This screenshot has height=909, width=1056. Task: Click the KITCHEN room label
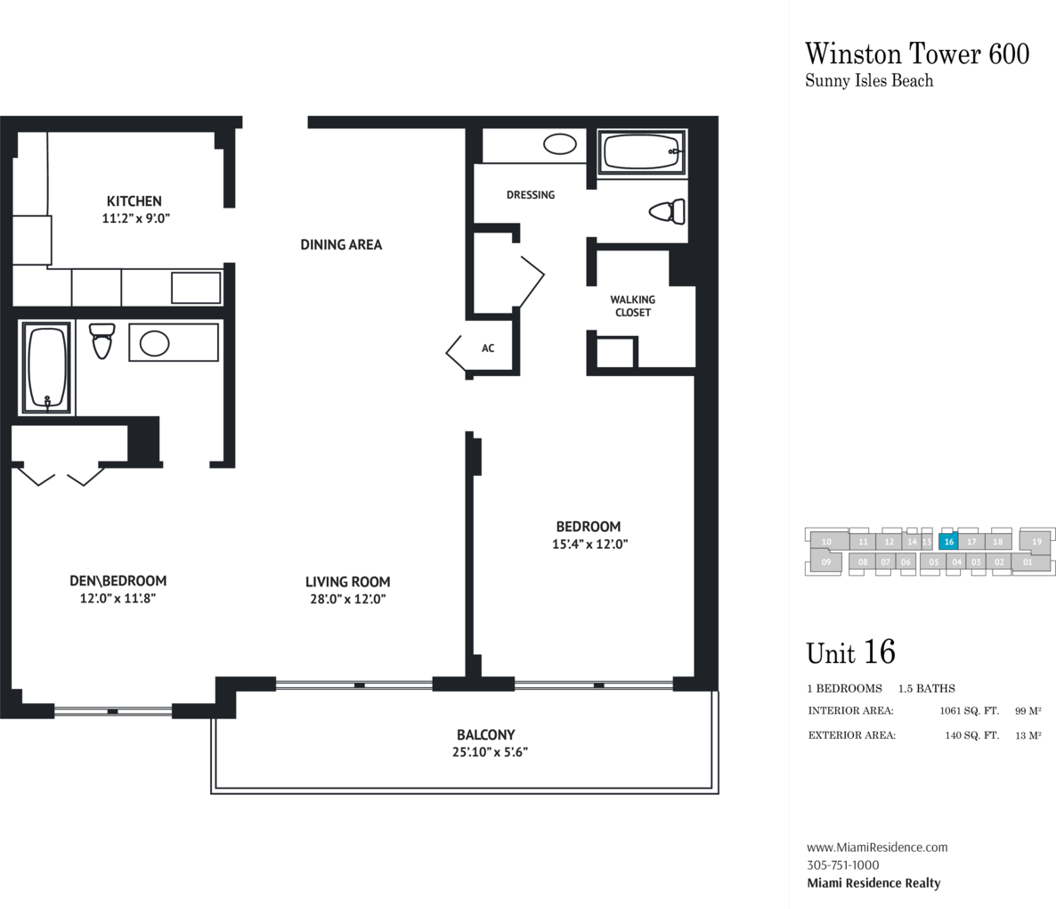click(x=134, y=201)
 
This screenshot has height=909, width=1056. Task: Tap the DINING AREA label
click(x=341, y=244)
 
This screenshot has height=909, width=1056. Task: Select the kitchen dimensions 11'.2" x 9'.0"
click(x=136, y=218)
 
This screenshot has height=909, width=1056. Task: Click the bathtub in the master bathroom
click(x=643, y=151)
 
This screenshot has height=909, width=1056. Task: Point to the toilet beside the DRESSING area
click(x=668, y=211)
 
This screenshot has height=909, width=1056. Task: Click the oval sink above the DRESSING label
click(x=560, y=143)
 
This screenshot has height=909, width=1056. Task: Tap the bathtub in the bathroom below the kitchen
click(x=46, y=368)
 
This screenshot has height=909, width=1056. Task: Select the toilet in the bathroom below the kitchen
click(x=102, y=341)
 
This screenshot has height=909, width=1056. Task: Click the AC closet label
click(x=488, y=348)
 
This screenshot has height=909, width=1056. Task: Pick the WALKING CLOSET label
click(x=632, y=306)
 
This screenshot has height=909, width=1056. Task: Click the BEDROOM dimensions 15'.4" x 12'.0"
click(x=590, y=545)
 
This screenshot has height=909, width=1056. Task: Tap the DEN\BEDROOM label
click(x=118, y=581)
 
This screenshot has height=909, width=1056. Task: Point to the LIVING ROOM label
click(x=347, y=582)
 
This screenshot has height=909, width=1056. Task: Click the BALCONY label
click(x=485, y=734)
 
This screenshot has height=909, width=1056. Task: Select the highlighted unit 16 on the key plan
click(x=949, y=542)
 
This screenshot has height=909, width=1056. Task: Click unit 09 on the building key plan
click(x=826, y=562)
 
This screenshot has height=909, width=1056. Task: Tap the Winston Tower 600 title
click(x=917, y=53)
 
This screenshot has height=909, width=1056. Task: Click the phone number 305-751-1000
click(x=842, y=865)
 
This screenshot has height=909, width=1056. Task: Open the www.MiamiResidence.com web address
click(x=877, y=848)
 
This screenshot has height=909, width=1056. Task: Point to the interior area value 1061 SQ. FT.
click(x=969, y=711)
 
